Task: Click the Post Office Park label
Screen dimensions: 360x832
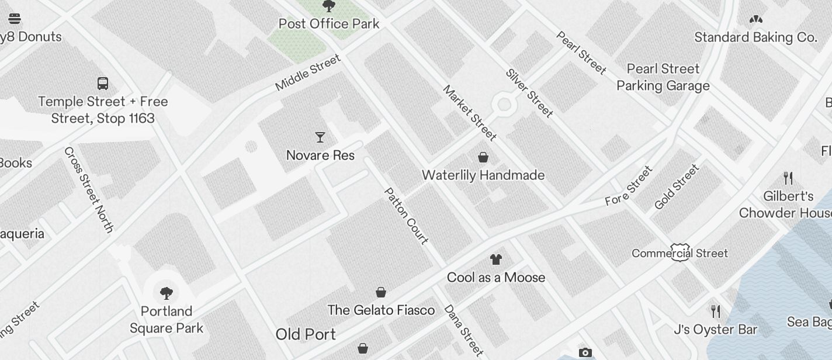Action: click(x=329, y=24)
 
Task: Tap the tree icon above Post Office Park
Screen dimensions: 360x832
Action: click(x=329, y=6)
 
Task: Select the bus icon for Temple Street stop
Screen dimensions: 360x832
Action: click(x=103, y=83)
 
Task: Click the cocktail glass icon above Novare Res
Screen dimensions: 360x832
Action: click(x=320, y=137)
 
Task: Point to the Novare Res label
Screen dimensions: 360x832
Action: click(x=320, y=155)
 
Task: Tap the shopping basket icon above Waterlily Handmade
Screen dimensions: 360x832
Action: click(x=483, y=157)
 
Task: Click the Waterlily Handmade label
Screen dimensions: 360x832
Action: click(x=483, y=175)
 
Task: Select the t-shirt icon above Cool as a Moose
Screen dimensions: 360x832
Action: click(x=496, y=259)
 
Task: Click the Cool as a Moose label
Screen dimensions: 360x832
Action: click(x=496, y=278)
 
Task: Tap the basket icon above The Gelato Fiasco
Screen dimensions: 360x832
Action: click(x=381, y=292)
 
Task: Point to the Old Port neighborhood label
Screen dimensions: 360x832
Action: click(x=306, y=334)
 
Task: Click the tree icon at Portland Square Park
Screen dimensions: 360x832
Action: click(x=167, y=293)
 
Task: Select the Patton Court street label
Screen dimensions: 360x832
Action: click(x=407, y=216)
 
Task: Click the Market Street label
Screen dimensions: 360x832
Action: click(x=470, y=113)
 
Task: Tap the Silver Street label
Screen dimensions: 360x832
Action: click(x=529, y=93)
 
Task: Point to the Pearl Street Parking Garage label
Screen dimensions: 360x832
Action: click(x=663, y=77)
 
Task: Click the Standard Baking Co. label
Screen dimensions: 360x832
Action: click(x=755, y=37)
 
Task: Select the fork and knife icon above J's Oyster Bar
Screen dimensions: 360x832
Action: click(x=715, y=311)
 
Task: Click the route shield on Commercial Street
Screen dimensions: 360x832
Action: click(x=680, y=252)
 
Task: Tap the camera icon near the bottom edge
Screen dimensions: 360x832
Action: click(x=585, y=352)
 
